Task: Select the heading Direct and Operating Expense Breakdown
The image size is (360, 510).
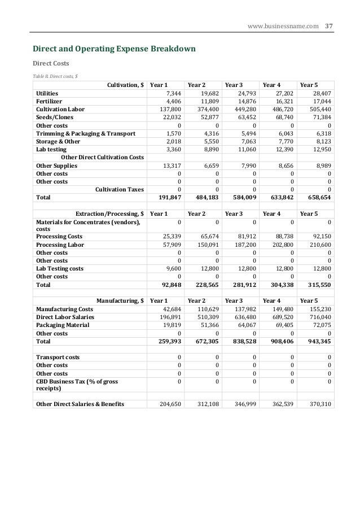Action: click(x=113, y=50)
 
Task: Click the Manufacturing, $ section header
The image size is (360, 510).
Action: click(x=120, y=301)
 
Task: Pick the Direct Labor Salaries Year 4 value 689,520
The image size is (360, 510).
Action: click(x=282, y=317)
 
